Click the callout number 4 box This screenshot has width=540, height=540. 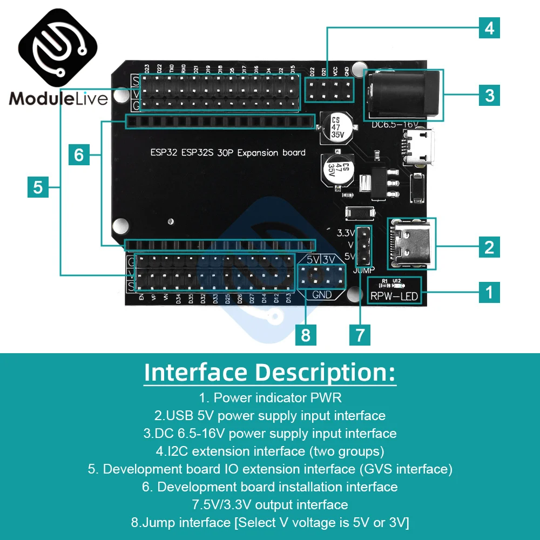[489, 28]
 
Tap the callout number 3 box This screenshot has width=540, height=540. [489, 96]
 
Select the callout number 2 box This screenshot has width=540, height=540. [489, 247]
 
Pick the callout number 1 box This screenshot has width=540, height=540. [489, 292]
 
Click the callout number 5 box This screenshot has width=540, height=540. [38, 187]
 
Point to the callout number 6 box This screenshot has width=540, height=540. [79, 155]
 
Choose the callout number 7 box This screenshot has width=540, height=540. [360, 335]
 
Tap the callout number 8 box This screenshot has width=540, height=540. [306, 335]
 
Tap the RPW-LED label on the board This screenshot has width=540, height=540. [394, 296]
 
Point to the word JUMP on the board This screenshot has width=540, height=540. [363, 269]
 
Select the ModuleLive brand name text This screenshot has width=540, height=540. [58, 98]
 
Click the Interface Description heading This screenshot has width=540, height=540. [270, 373]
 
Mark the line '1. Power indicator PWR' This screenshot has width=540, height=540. [270, 398]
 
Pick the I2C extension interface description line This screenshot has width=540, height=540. [270, 451]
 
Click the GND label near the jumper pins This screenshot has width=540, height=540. [322, 295]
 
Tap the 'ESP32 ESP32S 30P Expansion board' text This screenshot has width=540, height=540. [227, 152]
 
